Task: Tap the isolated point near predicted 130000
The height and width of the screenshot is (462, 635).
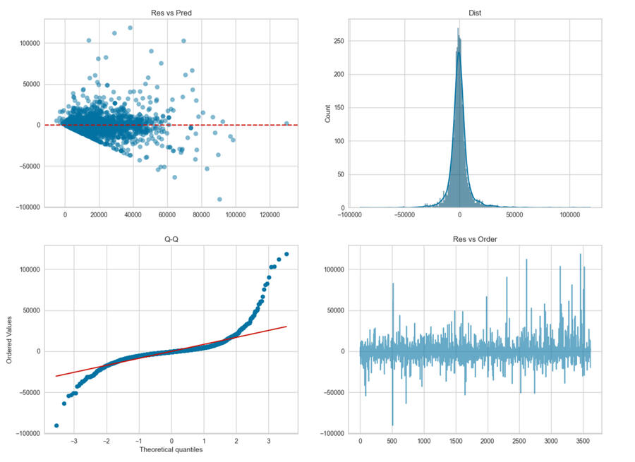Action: [x=286, y=123]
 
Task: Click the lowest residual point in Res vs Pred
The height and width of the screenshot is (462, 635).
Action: [x=219, y=199]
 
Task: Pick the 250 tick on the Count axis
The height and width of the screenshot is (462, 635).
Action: [x=337, y=42]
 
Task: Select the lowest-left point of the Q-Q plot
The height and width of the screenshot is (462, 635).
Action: [x=56, y=425]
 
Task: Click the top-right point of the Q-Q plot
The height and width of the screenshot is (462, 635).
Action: [x=286, y=254]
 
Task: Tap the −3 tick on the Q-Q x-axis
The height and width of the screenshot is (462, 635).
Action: [x=74, y=441]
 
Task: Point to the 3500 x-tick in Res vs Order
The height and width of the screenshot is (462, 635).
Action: [x=581, y=441]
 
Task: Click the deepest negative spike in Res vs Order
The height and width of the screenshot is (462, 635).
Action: [x=392, y=425]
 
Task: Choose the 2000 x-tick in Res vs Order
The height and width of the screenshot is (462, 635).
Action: [x=487, y=441]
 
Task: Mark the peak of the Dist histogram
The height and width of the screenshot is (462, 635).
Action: [x=457, y=30]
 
